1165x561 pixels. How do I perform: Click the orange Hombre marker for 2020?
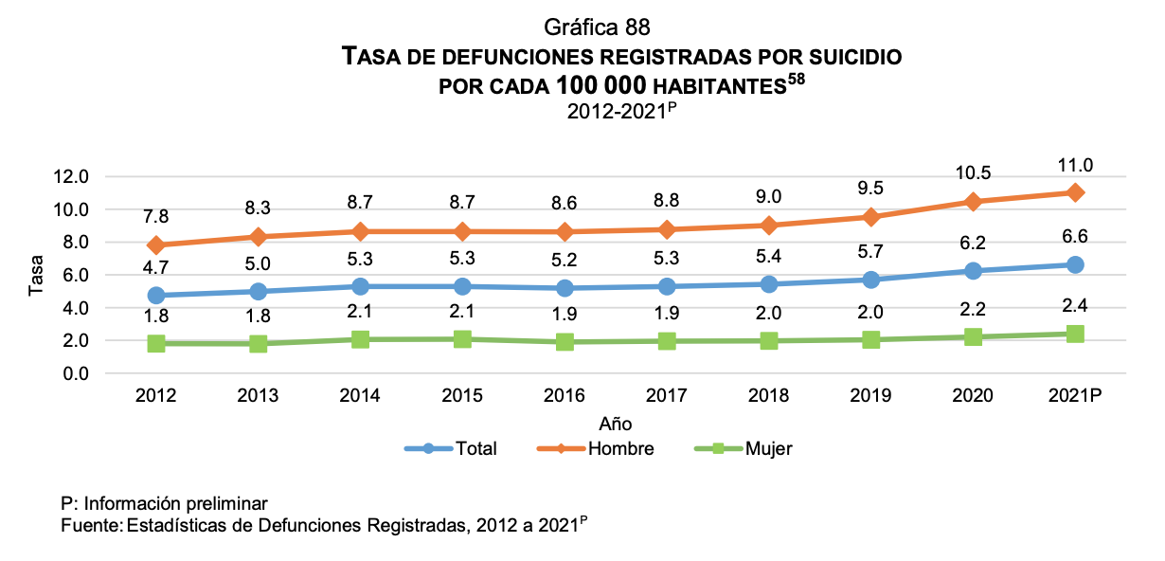(974, 202)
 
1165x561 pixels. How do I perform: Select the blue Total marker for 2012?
(156, 296)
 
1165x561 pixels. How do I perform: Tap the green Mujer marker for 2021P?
(1075, 334)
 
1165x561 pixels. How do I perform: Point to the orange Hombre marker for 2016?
(565, 231)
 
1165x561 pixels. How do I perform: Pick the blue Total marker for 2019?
(871, 280)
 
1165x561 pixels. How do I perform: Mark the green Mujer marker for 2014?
(361, 339)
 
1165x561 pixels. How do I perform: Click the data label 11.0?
(1075, 166)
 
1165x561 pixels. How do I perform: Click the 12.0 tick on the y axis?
(71, 176)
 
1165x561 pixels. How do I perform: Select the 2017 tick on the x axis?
(667, 395)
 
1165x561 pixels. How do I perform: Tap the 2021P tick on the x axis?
(1075, 395)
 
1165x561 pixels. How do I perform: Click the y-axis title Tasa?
(36, 275)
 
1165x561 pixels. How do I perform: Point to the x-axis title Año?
(615, 424)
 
